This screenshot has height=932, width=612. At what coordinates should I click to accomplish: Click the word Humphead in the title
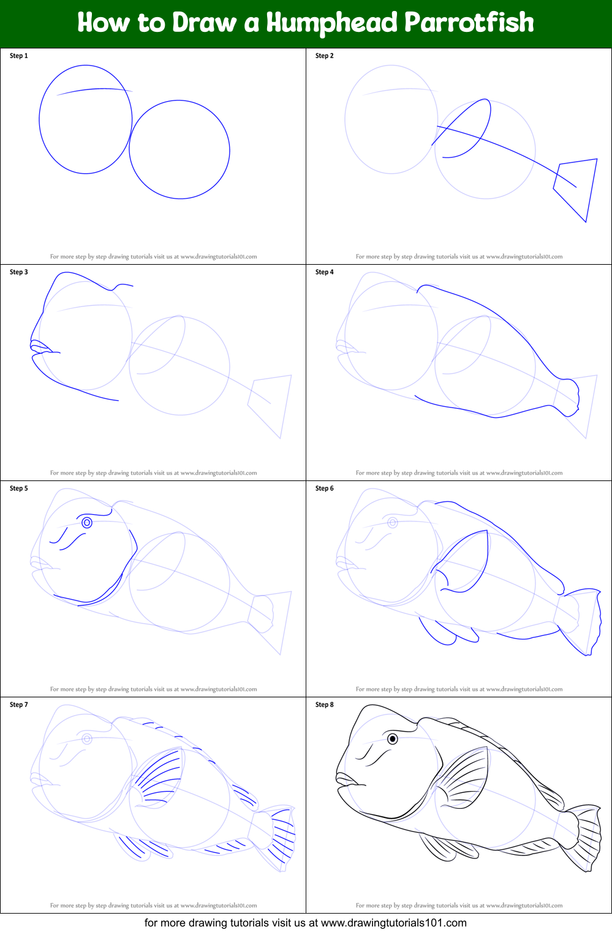331,23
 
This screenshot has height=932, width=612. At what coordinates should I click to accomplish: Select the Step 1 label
19,56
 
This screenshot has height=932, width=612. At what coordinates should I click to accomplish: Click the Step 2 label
325,56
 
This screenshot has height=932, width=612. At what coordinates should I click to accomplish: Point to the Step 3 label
19,272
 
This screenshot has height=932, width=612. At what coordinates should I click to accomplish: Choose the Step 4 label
325,272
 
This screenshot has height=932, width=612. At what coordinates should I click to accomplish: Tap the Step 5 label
19,488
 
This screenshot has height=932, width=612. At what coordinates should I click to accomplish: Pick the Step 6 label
325,488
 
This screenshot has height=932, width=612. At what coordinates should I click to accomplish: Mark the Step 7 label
19,705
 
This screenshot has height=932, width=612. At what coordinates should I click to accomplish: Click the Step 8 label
325,705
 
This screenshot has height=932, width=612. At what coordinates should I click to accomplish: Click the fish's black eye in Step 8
392,739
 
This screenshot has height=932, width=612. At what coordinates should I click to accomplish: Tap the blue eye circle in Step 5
87,523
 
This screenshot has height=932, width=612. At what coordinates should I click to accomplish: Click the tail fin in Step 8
583,836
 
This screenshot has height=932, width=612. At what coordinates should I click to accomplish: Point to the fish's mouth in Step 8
349,779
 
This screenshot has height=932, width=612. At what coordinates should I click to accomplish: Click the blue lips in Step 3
43,347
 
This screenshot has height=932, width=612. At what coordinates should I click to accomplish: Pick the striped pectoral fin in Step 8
459,778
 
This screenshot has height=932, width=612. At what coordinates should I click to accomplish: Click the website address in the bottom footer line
393,923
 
